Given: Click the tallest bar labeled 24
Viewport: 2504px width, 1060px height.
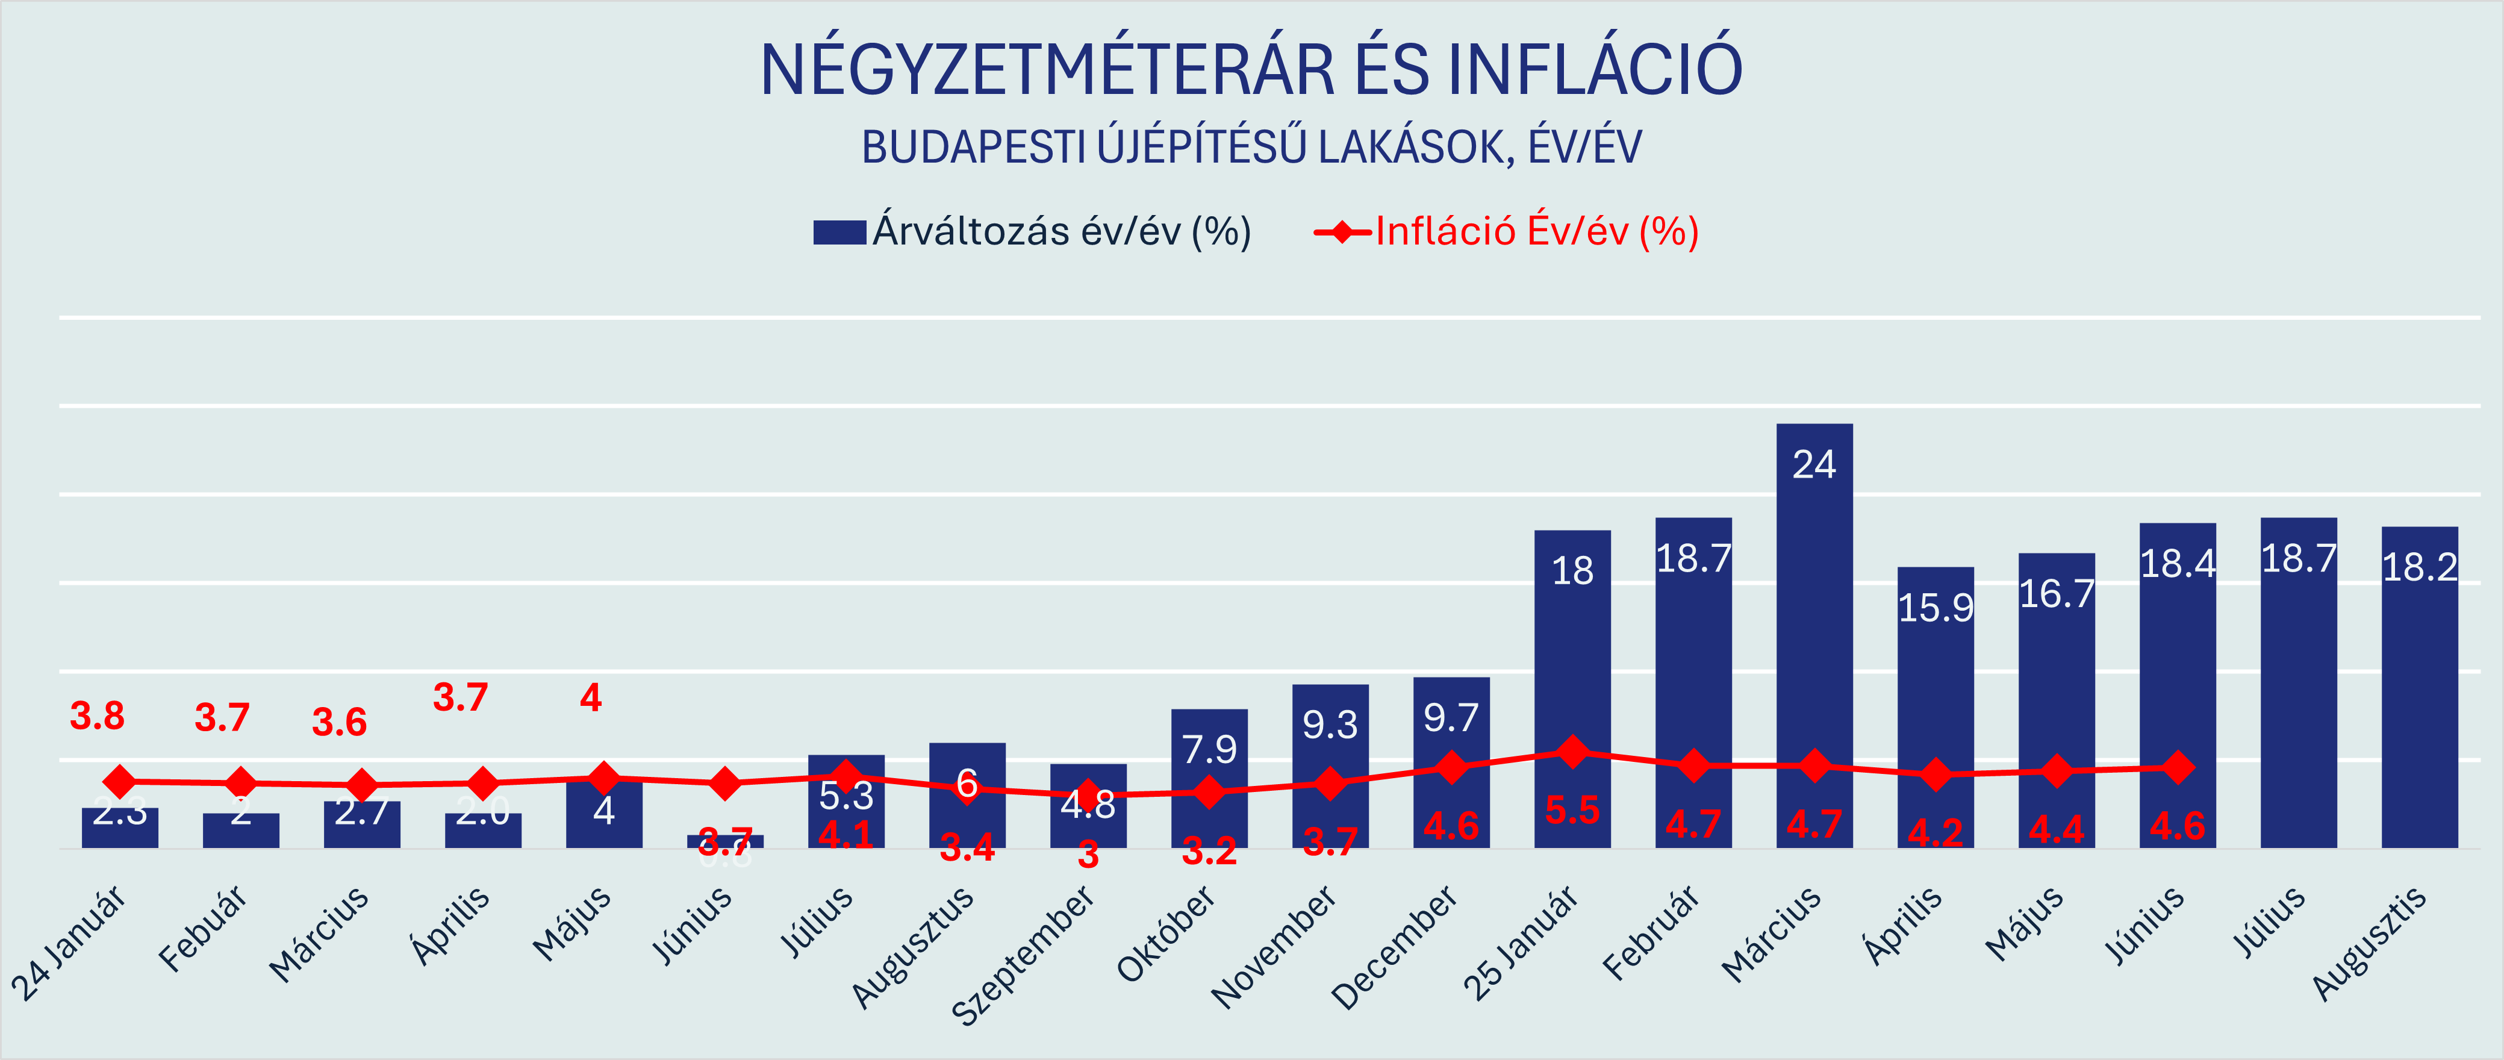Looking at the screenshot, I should [1814, 632].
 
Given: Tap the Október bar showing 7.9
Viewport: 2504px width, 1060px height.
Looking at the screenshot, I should [1209, 778].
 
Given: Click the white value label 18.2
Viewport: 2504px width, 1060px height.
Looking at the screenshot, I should [2420, 567].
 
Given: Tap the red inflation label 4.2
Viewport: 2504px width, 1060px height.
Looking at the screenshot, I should [1936, 832].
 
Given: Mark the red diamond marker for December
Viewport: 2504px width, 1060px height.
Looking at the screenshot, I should [1451, 767].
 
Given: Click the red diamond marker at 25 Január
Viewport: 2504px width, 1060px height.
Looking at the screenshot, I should [1572, 751].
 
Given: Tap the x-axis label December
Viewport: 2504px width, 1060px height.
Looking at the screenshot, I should [1394, 948].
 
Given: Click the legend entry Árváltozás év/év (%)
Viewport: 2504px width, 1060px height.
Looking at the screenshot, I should [1032, 231].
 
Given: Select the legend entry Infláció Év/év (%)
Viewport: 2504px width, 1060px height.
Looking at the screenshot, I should [1507, 231].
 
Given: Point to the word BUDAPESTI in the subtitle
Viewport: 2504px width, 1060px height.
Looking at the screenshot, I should [972, 148].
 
